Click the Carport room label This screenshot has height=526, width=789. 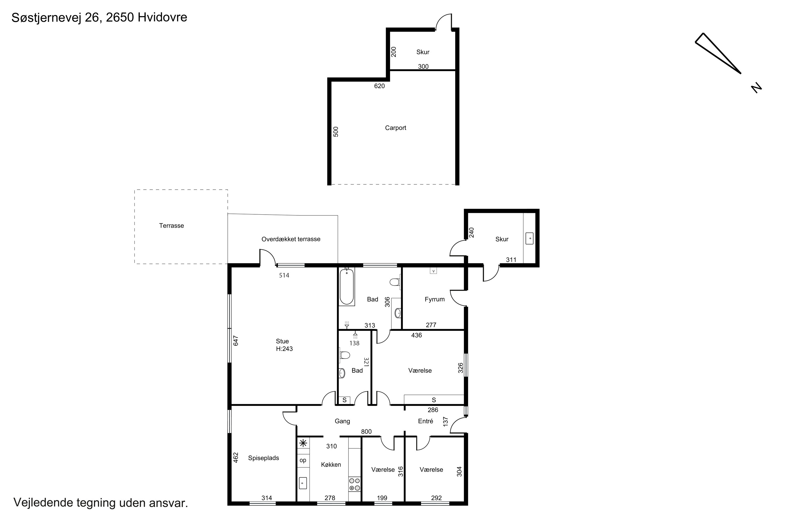396,128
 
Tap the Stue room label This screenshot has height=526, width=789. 282,341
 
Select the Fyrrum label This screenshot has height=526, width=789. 434,299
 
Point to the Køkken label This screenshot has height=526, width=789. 331,465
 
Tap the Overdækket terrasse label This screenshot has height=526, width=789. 291,239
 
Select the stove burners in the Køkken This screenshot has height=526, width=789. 355,484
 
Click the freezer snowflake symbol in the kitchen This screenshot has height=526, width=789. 303,443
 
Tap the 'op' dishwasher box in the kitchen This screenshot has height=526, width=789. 303,460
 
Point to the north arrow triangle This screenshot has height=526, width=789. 718,53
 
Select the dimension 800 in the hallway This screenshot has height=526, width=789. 366,432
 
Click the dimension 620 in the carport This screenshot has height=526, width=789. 380,86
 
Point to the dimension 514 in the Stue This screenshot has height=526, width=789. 284,275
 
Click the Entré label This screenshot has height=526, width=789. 425,421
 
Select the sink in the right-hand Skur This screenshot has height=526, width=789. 530,239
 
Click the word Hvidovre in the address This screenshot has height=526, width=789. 162,17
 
